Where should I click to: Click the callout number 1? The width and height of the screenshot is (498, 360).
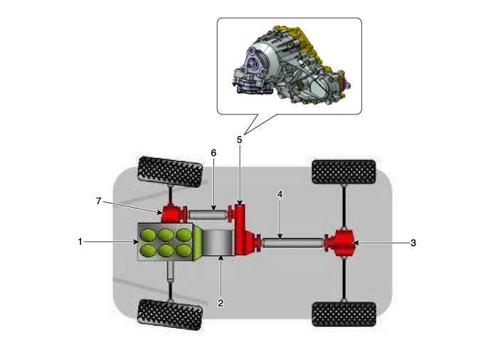click(x=80, y=242)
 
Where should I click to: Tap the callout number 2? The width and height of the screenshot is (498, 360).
click(x=221, y=303)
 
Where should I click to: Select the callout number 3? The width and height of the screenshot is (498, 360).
click(x=413, y=243)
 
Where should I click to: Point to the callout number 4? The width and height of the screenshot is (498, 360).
click(x=280, y=194)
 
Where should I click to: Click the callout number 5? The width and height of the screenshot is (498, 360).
click(x=240, y=140)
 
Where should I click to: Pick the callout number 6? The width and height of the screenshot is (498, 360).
click(x=213, y=153)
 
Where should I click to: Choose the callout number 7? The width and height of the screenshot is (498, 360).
click(x=99, y=201)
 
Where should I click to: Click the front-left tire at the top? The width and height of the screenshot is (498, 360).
click(x=170, y=172)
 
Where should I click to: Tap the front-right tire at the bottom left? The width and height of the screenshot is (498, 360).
click(x=170, y=315)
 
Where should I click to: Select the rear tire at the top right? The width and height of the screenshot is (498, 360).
click(x=344, y=172)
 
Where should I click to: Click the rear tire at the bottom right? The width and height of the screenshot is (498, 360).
click(x=344, y=314)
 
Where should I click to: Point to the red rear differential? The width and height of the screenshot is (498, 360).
click(x=340, y=243)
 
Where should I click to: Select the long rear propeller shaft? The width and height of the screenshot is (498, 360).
click(x=293, y=243)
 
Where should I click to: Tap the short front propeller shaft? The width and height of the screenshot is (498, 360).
click(x=208, y=214)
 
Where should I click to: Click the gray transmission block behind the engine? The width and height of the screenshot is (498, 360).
click(x=218, y=242)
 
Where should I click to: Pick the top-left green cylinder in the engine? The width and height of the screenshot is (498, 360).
click(x=148, y=235)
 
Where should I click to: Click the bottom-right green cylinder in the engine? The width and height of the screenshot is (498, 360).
click(x=184, y=250)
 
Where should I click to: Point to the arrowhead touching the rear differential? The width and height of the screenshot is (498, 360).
click(x=356, y=243)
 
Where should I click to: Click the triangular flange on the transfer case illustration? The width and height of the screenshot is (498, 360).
click(x=254, y=65)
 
